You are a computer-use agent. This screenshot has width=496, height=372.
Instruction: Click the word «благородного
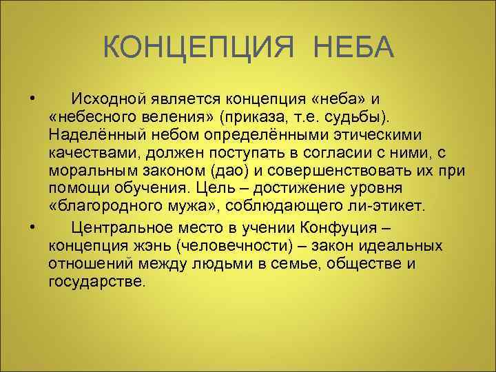click(109, 206)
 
